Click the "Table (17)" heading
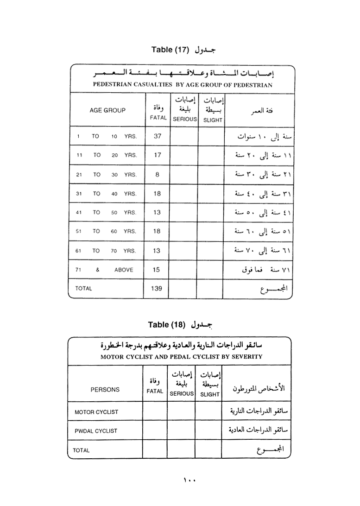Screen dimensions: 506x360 (x=169, y=50)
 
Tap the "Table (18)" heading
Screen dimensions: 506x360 (x=166, y=324)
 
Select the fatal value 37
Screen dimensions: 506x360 (x=157, y=136)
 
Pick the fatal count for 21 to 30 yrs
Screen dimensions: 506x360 (x=157, y=175)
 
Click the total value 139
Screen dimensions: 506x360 (x=157, y=288)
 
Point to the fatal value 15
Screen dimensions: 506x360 (x=157, y=269)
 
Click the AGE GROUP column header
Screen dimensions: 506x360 (x=107, y=110)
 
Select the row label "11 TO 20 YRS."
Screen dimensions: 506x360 (x=107, y=156)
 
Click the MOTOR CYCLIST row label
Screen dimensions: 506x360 (x=96, y=411)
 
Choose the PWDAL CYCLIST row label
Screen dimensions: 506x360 (x=96, y=430)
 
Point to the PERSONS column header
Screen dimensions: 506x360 (x=105, y=390)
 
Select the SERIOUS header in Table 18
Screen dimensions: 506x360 (x=182, y=393)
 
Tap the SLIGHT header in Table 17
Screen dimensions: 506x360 (x=213, y=120)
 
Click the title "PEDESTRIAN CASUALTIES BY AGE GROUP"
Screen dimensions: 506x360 (x=183, y=85)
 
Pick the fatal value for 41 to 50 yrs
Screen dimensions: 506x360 (x=157, y=212)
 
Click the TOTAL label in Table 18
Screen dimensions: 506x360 (x=82, y=450)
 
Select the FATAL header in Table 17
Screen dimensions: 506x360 (x=158, y=118)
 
